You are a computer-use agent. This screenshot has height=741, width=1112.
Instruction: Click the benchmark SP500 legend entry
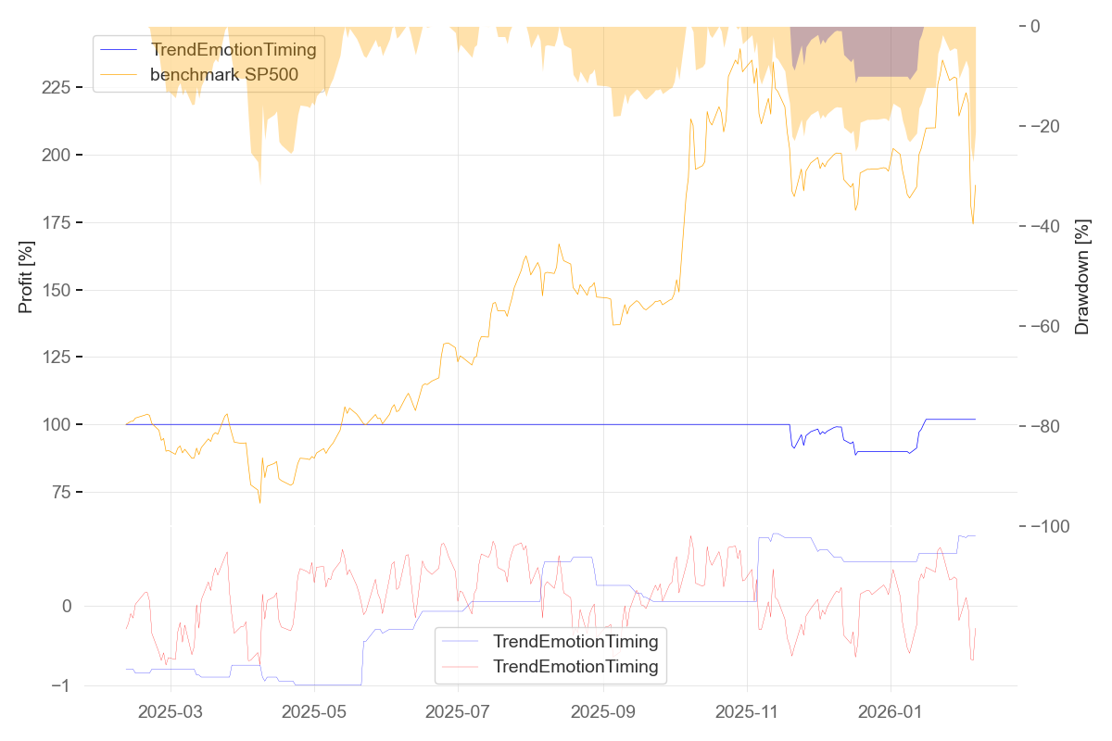[224, 75]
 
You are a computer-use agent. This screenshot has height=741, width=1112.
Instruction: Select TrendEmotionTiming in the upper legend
[234, 49]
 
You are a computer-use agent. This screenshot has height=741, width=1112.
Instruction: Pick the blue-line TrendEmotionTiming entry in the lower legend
[575, 641]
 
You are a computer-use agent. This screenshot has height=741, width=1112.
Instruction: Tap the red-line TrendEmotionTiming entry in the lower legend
[575, 666]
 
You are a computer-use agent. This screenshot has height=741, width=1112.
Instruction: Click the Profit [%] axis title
[26, 275]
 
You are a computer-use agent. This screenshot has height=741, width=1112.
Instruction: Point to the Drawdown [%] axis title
[1081, 277]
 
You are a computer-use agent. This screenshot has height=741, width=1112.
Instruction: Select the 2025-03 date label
[171, 713]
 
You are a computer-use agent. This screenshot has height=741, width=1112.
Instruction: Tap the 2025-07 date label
[459, 713]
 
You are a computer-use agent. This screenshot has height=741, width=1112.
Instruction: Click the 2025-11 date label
[747, 713]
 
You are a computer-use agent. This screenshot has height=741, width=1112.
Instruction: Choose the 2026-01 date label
[891, 713]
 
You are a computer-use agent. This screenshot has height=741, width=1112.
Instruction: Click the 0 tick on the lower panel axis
[67, 607]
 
